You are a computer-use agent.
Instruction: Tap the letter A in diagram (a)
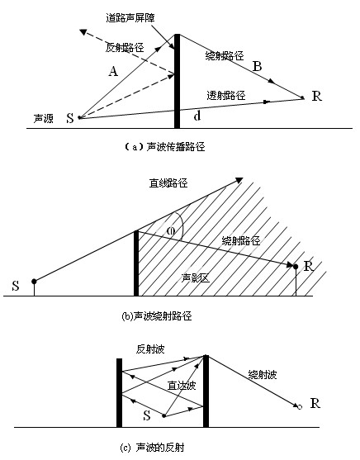[114, 72]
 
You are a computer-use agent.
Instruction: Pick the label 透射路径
[225, 95]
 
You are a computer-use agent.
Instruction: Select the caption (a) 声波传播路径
[162, 147]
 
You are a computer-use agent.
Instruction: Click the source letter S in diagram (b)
[16, 287]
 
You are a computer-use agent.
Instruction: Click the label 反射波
[152, 349]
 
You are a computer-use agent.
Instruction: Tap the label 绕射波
[266, 376]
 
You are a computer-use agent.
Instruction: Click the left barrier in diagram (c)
[120, 393]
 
